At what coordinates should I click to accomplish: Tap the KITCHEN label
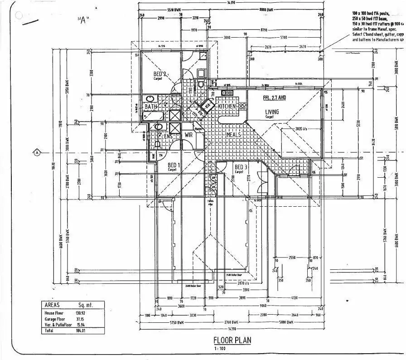coord(227,106)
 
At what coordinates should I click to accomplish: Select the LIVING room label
coord(272,112)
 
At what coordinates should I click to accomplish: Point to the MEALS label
coord(233,134)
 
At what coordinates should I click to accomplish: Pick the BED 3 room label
coord(240,167)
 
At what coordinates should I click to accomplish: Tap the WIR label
coord(189,135)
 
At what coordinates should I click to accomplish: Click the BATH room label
coord(151,107)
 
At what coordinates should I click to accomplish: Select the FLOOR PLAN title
coord(232,340)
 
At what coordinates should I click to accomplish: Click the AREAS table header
coord(52,305)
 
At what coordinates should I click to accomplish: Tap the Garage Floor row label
coord(55,319)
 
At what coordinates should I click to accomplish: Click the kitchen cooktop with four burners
coord(242,106)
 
